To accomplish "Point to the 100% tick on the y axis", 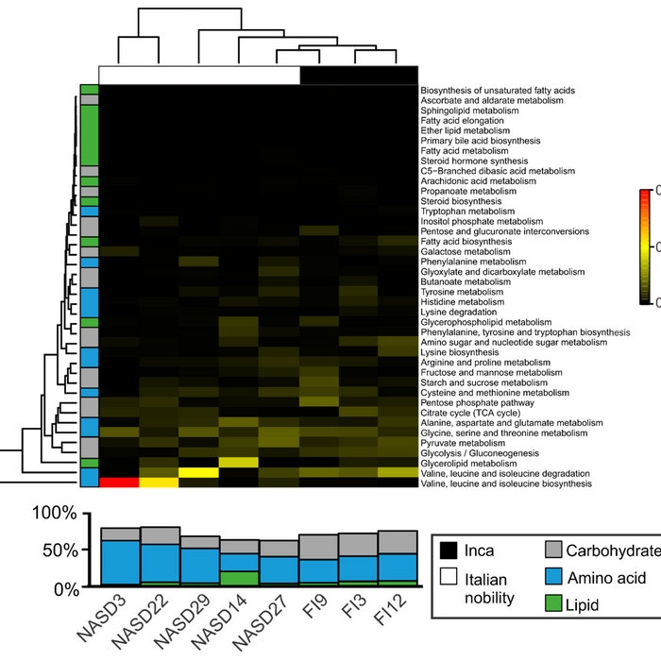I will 49,516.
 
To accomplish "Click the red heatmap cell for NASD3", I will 118,483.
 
